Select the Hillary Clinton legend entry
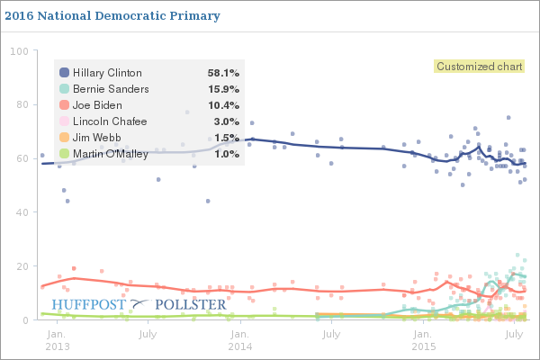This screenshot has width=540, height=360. coord(107,72)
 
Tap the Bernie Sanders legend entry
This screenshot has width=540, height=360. coord(111,88)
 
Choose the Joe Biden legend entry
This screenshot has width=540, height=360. coord(99,104)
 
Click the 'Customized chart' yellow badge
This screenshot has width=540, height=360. coord(478,66)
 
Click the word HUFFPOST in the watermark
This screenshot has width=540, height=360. coord(90,304)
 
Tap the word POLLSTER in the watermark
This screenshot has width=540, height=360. coord(191,304)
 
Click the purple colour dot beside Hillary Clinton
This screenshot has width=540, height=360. coord(63,72)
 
